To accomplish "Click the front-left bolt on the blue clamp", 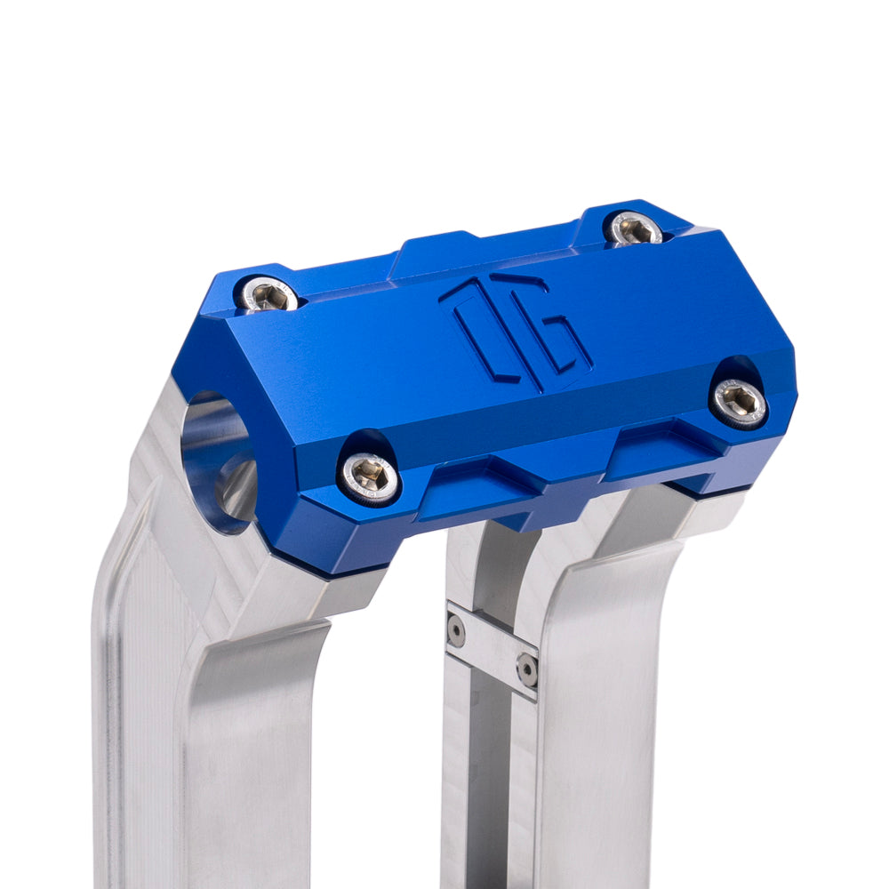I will (x=369, y=477).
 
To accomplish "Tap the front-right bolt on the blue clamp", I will (x=740, y=402).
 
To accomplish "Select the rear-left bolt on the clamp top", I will (x=268, y=294).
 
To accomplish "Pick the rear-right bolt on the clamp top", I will (x=634, y=228).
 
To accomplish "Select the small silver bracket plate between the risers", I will (x=492, y=647).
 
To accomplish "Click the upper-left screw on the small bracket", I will (x=456, y=629).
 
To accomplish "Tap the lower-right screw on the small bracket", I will (x=527, y=669).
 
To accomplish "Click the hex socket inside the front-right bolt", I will (x=740, y=402).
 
